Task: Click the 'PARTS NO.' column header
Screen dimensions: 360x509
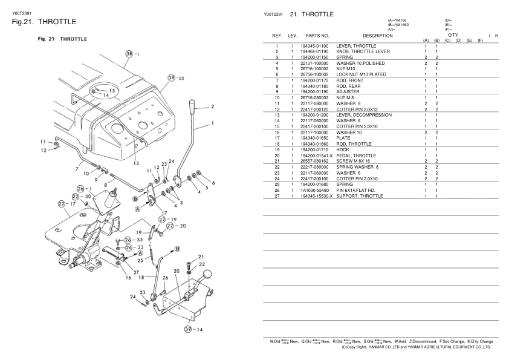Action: (x=317, y=36)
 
